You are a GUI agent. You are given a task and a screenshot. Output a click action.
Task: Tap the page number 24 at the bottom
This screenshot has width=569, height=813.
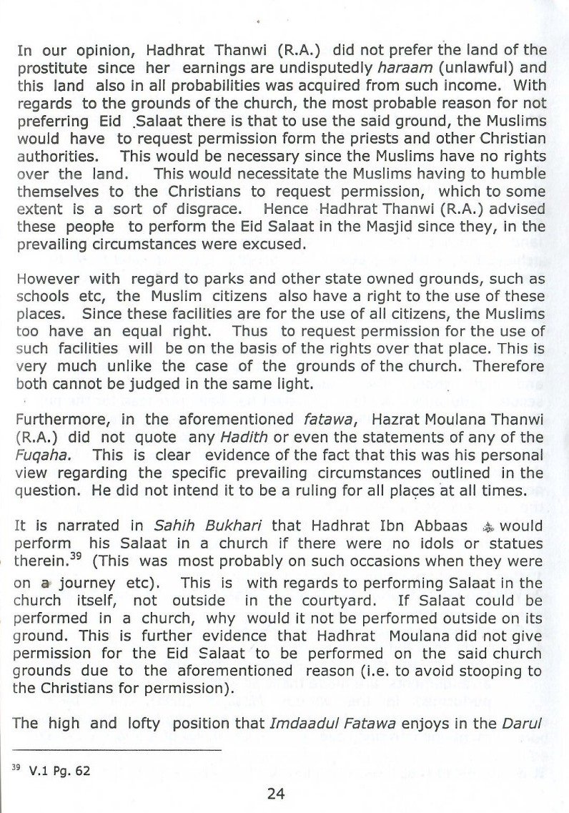pyautogui.click(x=276, y=794)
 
